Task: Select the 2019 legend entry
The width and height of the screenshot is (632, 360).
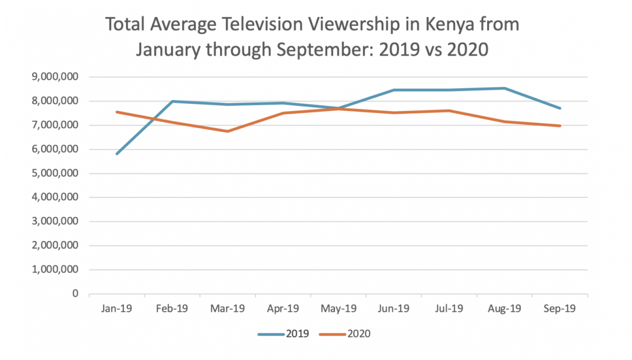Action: click(298, 334)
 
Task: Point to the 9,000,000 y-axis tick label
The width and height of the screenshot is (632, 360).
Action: click(54, 77)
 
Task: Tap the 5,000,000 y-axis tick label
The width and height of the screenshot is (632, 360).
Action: click(54, 173)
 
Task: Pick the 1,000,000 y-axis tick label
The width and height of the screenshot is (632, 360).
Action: click(54, 269)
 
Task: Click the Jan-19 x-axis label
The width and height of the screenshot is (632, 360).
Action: click(117, 309)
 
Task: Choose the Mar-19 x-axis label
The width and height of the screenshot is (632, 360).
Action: click(228, 309)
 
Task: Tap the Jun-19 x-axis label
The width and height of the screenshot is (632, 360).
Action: click(394, 309)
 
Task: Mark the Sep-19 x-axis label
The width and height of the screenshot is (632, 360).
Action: click(560, 309)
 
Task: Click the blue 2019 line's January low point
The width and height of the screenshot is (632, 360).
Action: click(117, 154)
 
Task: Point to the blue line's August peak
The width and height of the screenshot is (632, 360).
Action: click(505, 88)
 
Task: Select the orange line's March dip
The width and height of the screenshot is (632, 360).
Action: click(228, 131)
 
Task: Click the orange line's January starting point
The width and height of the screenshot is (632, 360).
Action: click(117, 112)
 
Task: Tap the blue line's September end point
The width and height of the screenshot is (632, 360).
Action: click(560, 108)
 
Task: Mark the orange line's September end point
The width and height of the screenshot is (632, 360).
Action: click(560, 126)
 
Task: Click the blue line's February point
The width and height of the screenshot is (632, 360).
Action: click(172, 101)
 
